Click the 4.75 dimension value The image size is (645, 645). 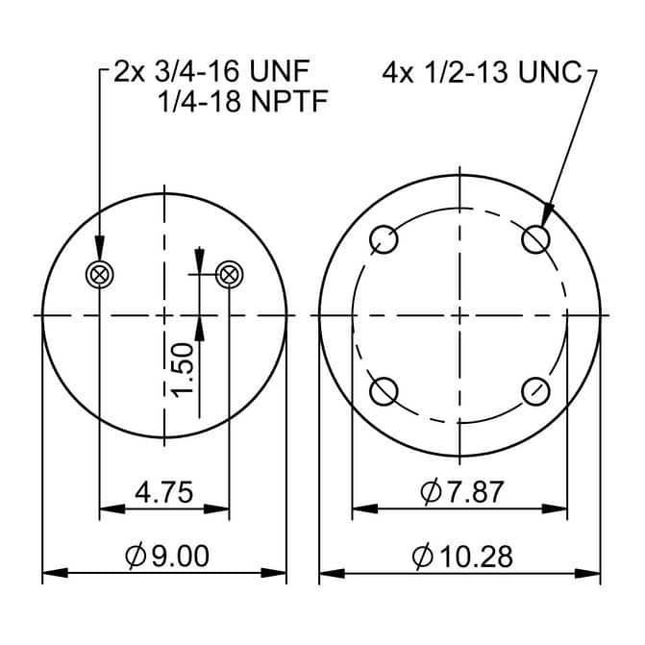point(163,492)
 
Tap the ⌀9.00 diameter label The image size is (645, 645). point(167,556)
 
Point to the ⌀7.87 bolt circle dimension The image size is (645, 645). point(462,492)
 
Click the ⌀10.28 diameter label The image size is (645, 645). point(462,557)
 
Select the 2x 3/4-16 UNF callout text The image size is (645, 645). point(211,71)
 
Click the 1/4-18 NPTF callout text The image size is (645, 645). point(242,101)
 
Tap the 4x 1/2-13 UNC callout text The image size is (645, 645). point(482,72)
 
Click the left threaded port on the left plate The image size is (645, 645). point(99,274)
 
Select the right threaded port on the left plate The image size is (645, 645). point(229,274)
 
